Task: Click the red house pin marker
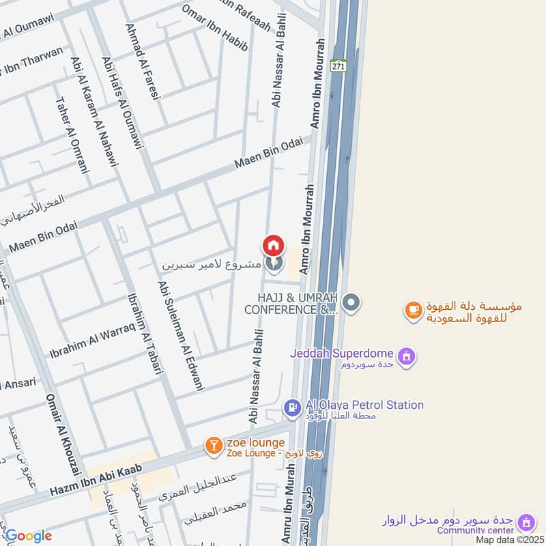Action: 274,245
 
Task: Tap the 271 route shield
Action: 339,66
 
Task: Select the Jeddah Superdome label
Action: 341,354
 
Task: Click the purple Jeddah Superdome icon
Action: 407,356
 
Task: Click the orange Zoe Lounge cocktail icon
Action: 213,446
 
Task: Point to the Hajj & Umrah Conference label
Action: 298,304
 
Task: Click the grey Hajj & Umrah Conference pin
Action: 351,302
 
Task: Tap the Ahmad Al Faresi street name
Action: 142,62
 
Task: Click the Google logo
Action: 28,536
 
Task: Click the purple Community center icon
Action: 526,523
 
